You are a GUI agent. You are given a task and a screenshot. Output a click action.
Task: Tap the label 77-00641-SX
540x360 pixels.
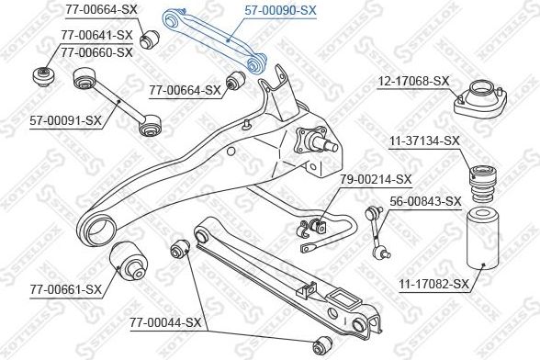[x=97, y=37]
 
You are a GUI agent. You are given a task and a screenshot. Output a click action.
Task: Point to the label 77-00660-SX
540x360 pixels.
[x=97, y=52]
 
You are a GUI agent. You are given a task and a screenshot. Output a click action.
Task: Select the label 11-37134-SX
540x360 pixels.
[x=425, y=141]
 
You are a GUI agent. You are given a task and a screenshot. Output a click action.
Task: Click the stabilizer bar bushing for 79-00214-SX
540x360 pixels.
[x=319, y=223]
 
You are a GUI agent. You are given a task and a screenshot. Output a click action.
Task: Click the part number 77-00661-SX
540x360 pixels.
[x=66, y=290]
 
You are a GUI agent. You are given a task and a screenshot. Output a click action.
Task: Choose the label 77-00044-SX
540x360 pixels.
[x=164, y=322]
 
